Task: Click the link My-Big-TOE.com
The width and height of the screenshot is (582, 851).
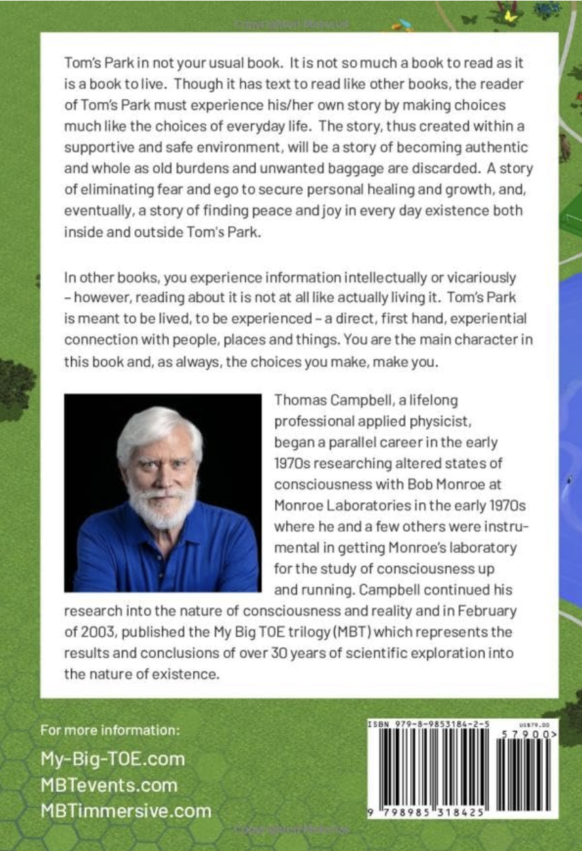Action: click(x=112, y=758)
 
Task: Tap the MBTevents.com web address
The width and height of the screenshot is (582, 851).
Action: click(x=108, y=785)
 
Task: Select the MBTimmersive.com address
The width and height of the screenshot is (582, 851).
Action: click(x=126, y=810)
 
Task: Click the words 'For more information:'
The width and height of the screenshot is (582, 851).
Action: click(x=110, y=730)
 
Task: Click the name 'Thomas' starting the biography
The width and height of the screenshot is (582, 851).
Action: click(x=300, y=400)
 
